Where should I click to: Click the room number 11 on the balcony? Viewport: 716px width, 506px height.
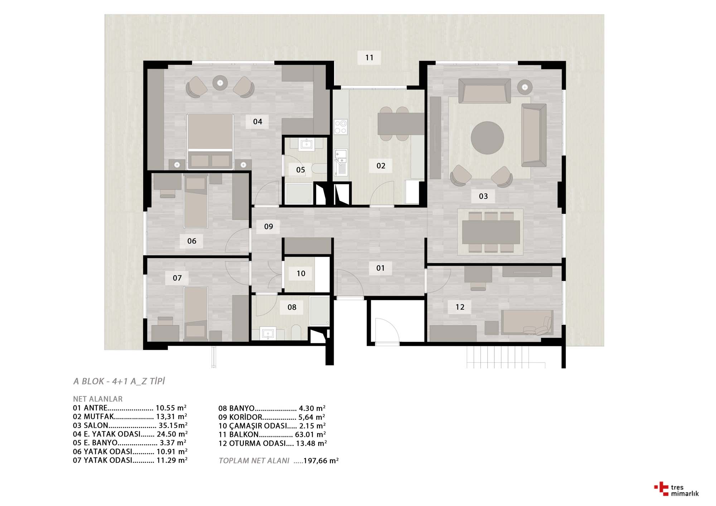click(x=369, y=58)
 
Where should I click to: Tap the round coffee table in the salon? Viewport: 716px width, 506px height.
click(x=487, y=138)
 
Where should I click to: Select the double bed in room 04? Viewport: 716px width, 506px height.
click(x=210, y=141)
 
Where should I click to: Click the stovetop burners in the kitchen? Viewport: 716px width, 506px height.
click(x=340, y=127)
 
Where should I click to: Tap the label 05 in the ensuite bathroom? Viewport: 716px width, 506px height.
click(x=300, y=170)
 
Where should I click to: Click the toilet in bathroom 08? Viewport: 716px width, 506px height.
click(x=296, y=332)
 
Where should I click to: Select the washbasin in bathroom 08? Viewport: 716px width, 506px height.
click(x=268, y=334)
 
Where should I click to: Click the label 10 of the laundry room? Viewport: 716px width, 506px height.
click(x=301, y=274)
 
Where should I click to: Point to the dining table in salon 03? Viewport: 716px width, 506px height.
click(x=491, y=232)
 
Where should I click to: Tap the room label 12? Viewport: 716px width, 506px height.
click(x=460, y=307)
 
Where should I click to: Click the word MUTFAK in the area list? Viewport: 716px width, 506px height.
click(x=99, y=417)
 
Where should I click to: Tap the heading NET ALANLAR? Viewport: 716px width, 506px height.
click(x=98, y=399)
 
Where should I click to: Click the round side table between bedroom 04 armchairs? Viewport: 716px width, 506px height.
click(x=220, y=83)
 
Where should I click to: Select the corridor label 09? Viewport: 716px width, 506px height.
click(x=268, y=226)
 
